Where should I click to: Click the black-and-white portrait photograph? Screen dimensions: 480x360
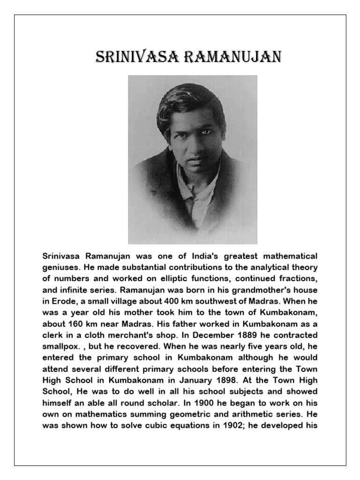[x=193, y=159]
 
